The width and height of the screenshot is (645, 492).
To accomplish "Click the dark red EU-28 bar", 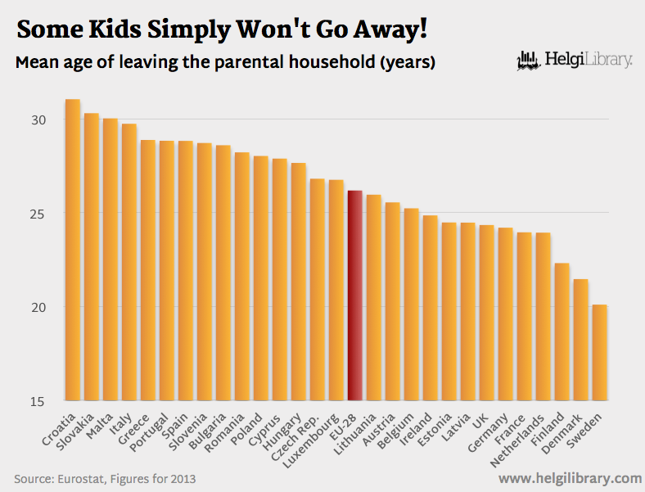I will [354, 296].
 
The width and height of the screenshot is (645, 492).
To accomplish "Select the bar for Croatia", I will [73, 250].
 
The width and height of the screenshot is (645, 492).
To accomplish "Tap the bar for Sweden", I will [599, 353].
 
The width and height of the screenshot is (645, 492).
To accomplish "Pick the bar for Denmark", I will [580, 340].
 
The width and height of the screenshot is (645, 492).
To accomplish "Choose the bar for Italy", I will [129, 262].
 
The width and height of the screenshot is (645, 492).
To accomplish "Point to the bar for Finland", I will [562, 332].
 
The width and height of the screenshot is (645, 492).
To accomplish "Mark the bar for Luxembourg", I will [336, 290].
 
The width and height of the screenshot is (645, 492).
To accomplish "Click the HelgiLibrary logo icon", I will [530, 60].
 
